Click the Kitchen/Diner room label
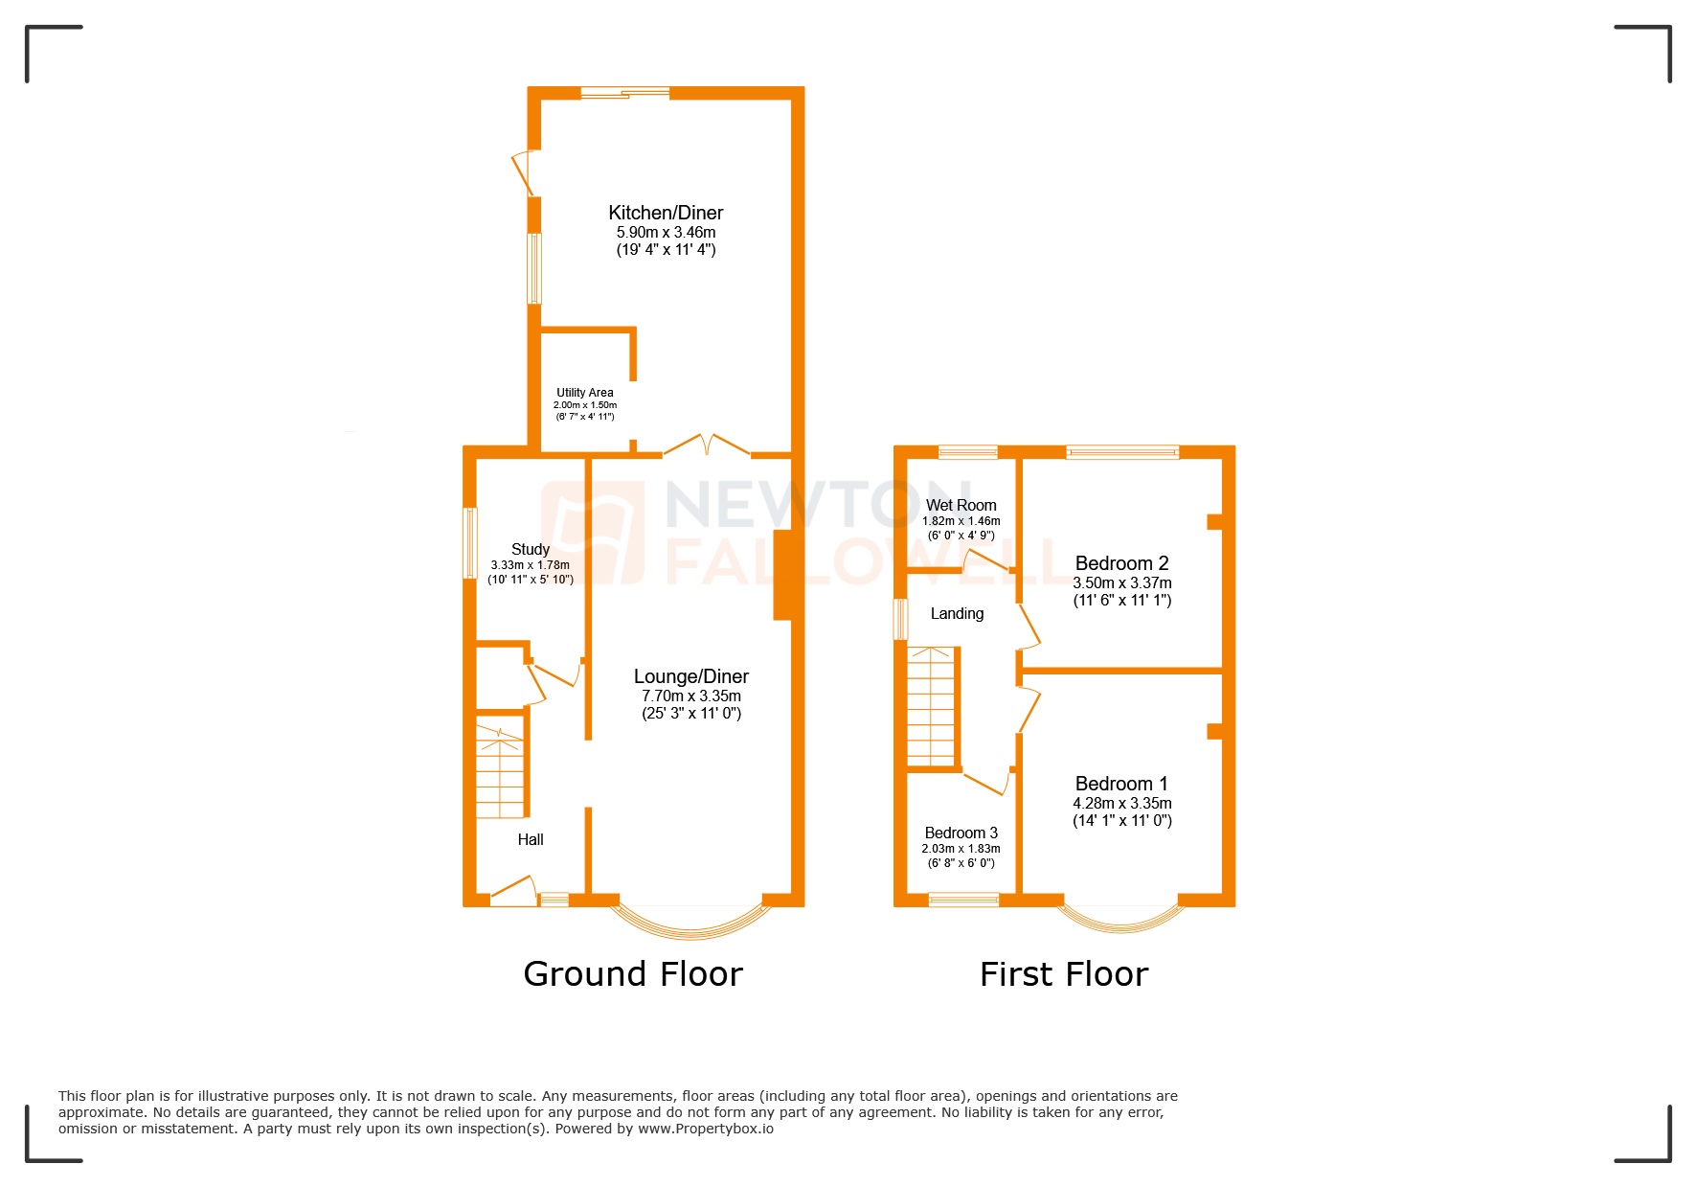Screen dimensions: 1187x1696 (666, 213)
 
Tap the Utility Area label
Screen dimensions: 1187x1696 (584, 392)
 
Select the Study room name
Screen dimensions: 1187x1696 (530, 549)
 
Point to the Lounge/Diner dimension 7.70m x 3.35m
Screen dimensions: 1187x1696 (690, 696)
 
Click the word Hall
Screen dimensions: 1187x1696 (530, 839)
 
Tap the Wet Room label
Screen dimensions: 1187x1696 (961, 505)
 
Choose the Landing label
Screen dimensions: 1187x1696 (957, 613)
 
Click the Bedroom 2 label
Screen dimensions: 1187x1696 (1121, 563)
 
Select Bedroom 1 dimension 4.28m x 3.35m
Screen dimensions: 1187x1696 (1121, 803)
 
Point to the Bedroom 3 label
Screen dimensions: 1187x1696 (961, 833)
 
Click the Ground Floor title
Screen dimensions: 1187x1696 (632, 973)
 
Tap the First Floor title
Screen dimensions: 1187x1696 (1063, 973)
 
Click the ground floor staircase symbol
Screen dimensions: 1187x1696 (500, 771)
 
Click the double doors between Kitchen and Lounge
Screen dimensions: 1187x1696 (707, 445)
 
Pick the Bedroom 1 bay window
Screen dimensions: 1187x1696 (1120, 923)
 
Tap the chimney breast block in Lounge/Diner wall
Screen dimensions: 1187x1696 (782, 575)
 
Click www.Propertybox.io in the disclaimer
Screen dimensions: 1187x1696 (706, 1129)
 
